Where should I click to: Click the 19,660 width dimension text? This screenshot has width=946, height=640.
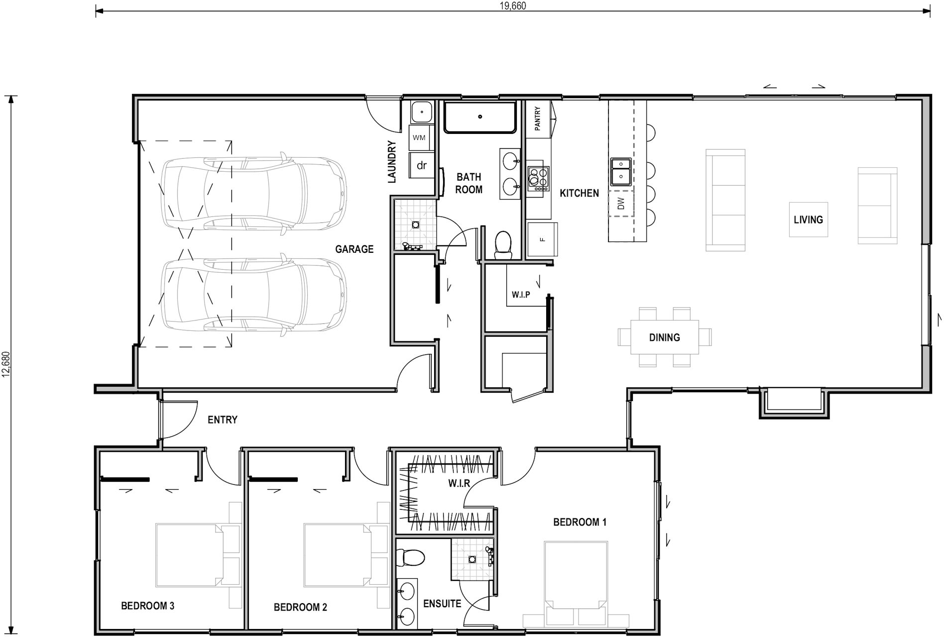tap(512, 5)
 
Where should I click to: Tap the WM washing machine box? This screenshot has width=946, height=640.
tap(419, 138)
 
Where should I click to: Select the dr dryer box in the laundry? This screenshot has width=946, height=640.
tap(421, 166)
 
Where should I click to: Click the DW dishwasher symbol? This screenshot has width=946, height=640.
tap(620, 204)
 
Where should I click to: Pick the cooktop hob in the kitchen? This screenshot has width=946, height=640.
tap(538, 178)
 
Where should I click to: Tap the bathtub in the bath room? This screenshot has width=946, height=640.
tap(480, 117)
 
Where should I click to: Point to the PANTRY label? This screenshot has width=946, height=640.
tap(538, 119)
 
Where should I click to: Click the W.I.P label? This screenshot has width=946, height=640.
tap(521, 295)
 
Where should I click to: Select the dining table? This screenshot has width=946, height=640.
tap(664, 337)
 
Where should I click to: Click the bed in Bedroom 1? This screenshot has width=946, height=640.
tap(576, 577)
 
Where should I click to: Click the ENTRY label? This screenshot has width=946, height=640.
tap(222, 420)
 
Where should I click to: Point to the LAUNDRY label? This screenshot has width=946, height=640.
tap(392, 162)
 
